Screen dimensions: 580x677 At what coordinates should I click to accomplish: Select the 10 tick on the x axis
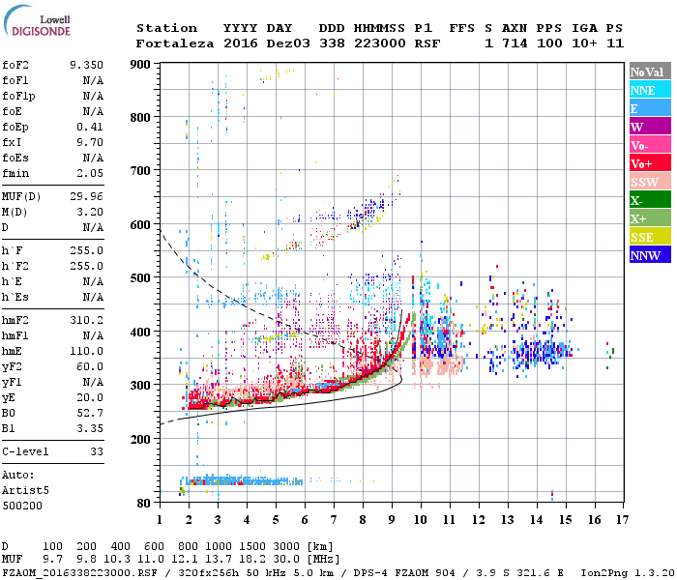click(420, 520)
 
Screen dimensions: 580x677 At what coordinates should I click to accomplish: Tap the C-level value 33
click(97, 450)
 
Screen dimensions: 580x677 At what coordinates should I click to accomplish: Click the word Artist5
click(25, 490)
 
